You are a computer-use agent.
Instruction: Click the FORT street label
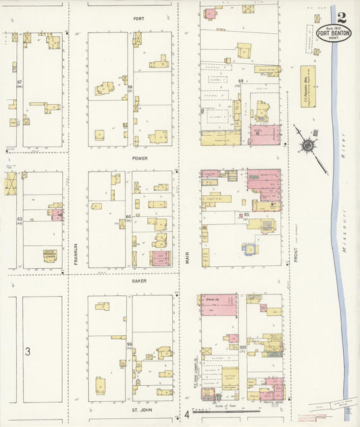pos(138,18)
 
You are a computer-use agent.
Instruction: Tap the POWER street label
pos(140,159)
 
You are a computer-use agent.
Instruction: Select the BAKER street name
pos(139,280)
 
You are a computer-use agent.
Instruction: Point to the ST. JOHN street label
pos(140,409)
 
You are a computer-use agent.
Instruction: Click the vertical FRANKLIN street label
pos(76,253)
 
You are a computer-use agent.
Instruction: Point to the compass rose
pos(308,145)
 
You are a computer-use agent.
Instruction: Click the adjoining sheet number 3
pos(28,351)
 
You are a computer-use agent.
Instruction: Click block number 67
pos(20,82)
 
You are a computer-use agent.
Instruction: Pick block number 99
pos(129,345)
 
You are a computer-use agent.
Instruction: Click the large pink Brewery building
pos(219,305)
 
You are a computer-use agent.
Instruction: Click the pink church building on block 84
pos(161,258)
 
